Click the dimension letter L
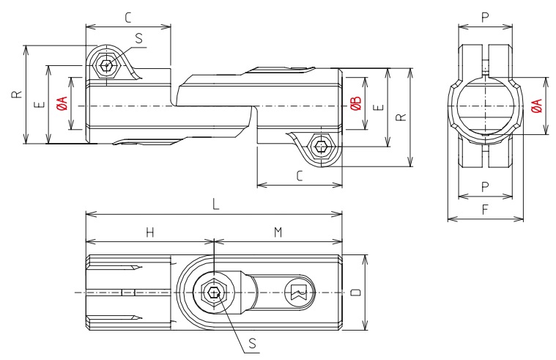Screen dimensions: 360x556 pyautogui.click(x=215, y=206)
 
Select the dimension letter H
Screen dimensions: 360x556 pyautogui.click(x=149, y=232)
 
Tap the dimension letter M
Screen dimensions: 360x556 pyautogui.click(x=278, y=232)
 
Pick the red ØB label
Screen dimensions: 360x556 pyautogui.click(x=355, y=104)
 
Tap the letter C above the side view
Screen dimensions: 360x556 pyautogui.click(x=129, y=16)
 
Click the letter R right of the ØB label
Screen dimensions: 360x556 pyautogui.click(x=400, y=117)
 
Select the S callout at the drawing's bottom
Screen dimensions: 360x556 pyautogui.click(x=252, y=343)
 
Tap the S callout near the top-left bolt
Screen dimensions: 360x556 pyautogui.click(x=139, y=39)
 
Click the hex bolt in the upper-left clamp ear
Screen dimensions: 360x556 pyautogui.click(x=108, y=65)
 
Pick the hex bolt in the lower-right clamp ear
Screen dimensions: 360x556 pyautogui.click(x=320, y=147)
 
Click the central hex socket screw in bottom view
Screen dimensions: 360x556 pyautogui.click(x=213, y=293)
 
